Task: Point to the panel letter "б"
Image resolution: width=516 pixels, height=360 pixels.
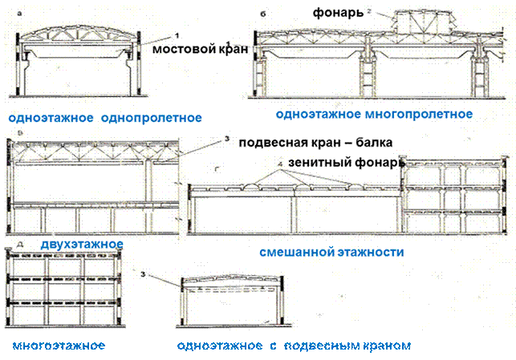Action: (x=263, y=14)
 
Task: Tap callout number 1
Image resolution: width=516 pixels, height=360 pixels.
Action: (x=174, y=36)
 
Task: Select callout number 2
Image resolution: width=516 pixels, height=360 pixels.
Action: (x=368, y=11)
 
